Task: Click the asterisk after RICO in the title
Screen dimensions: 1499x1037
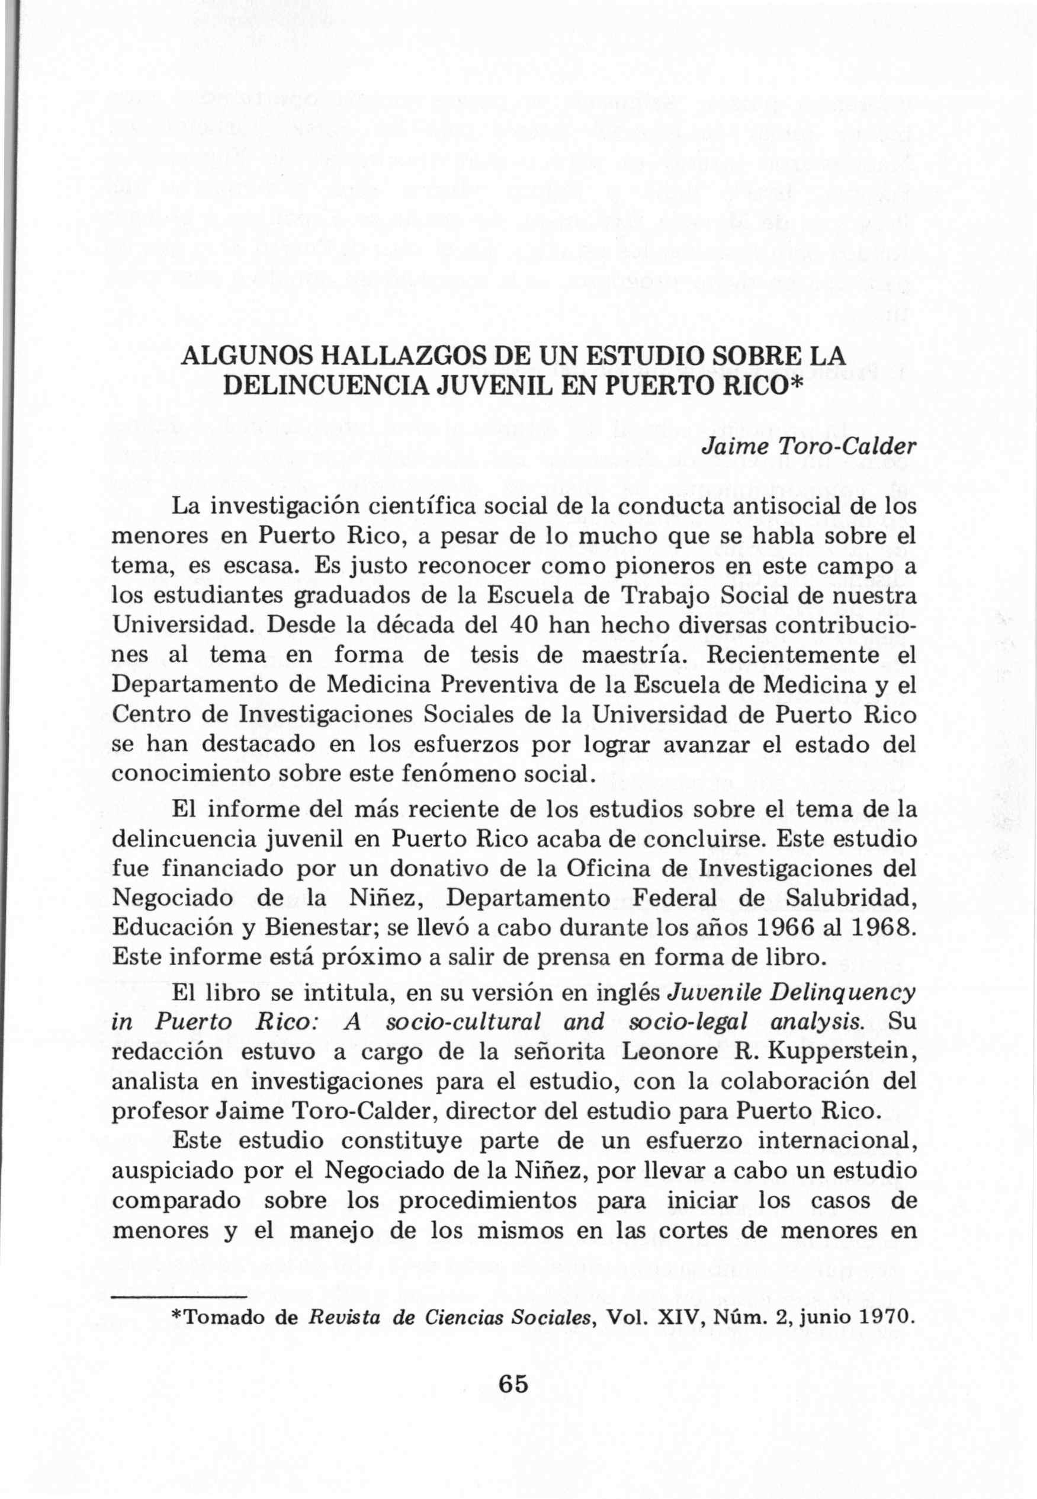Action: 797,384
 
